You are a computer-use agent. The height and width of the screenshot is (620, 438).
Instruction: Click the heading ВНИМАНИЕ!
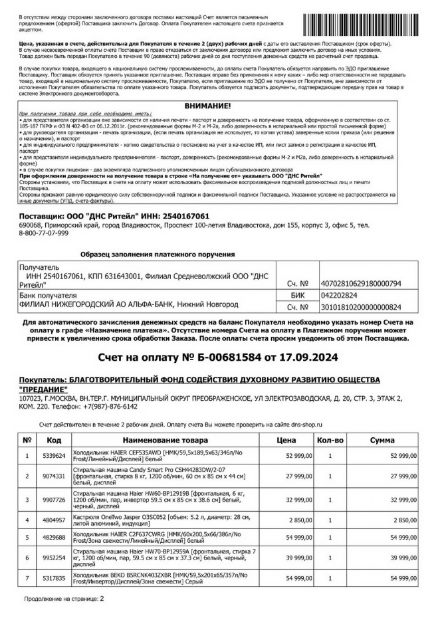[209, 106]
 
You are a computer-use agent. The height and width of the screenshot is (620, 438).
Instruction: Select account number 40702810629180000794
[361, 283]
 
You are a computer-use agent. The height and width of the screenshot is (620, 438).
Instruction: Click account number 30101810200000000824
[361, 307]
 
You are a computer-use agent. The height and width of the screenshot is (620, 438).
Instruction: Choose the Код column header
[55, 440]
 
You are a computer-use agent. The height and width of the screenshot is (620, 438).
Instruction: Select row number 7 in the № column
[27, 578]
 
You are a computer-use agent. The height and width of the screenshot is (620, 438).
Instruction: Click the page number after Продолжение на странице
[102, 598]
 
